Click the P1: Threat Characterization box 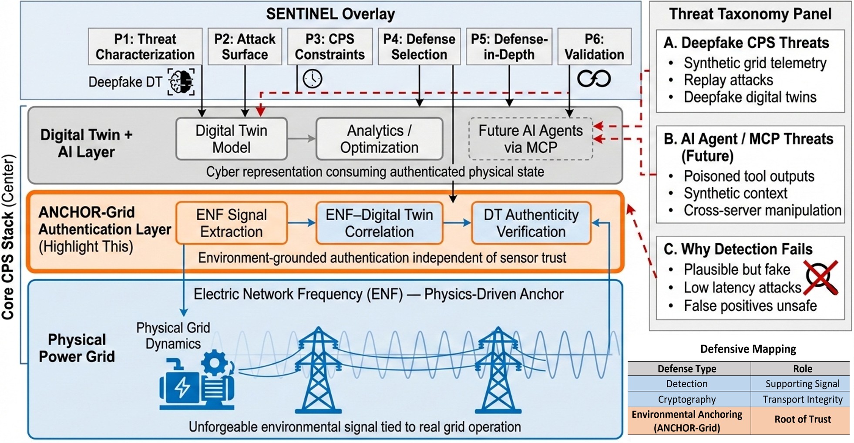click(x=145, y=47)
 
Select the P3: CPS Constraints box click(x=329, y=47)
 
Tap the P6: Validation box click(x=594, y=47)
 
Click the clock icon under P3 click(x=312, y=79)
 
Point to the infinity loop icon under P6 click(x=594, y=79)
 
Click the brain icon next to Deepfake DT click(x=181, y=81)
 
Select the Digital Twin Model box click(x=231, y=139)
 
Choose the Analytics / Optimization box click(x=379, y=139)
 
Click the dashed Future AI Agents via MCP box click(x=530, y=139)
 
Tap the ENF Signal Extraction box click(x=231, y=223)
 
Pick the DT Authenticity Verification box click(x=531, y=223)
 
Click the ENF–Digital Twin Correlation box click(x=379, y=223)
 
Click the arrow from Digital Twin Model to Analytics click(x=301, y=139)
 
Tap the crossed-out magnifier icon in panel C click(x=821, y=278)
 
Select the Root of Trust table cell click(x=802, y=420)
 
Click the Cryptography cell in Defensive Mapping click(x=686, y=399)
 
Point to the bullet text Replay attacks click(x=728, y=80)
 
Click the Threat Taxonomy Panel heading click(x=750, y=14)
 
